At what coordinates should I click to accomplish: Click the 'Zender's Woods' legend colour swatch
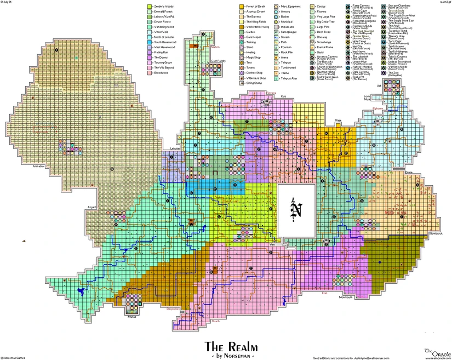149,6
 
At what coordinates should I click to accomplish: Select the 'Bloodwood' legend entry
161,72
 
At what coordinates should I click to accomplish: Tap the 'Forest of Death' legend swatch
241,6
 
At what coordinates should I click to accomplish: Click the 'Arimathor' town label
39,165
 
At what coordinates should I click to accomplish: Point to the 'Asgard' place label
91,208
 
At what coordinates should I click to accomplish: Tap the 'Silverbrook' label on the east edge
436,233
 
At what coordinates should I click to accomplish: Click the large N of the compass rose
296,210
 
